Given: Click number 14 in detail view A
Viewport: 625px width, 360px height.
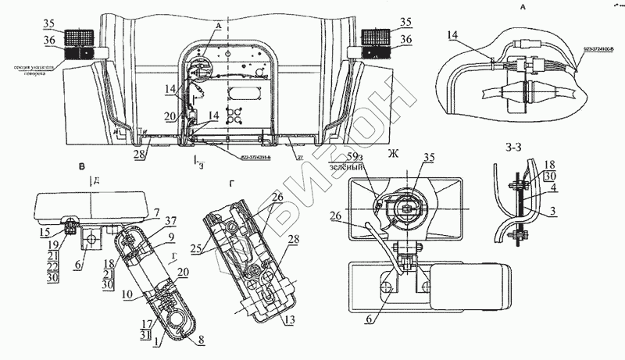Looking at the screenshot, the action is (454, 35).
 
